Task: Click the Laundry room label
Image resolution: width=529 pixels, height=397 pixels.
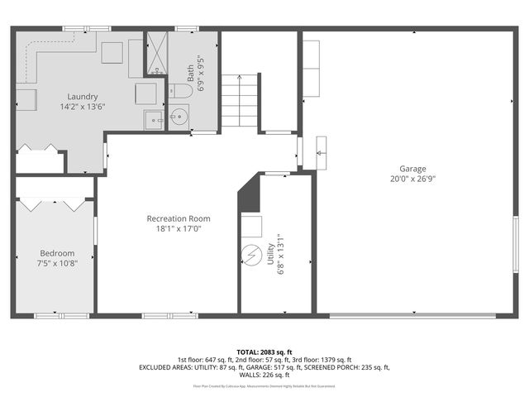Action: (x=83, y=96)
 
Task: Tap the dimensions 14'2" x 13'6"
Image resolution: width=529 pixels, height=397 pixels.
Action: (x=83, y=107)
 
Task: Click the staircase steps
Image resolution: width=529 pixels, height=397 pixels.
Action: (x=241, y=100)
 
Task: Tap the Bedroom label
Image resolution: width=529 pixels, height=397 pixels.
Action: (x=57, y=253)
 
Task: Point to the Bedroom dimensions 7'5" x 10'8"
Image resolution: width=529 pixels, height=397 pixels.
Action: (x=57, y=264)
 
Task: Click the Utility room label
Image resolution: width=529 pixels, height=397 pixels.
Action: (x=270, y=253)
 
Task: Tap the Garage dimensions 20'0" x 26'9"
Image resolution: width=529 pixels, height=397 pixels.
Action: (x=413, y=178)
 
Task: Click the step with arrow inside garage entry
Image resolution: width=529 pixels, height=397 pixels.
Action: (x=322, y=152)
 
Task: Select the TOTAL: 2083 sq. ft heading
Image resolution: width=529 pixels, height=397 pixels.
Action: (x=264, y=352)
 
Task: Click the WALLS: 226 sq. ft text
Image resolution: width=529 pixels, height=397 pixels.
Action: (x=264, y=374)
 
